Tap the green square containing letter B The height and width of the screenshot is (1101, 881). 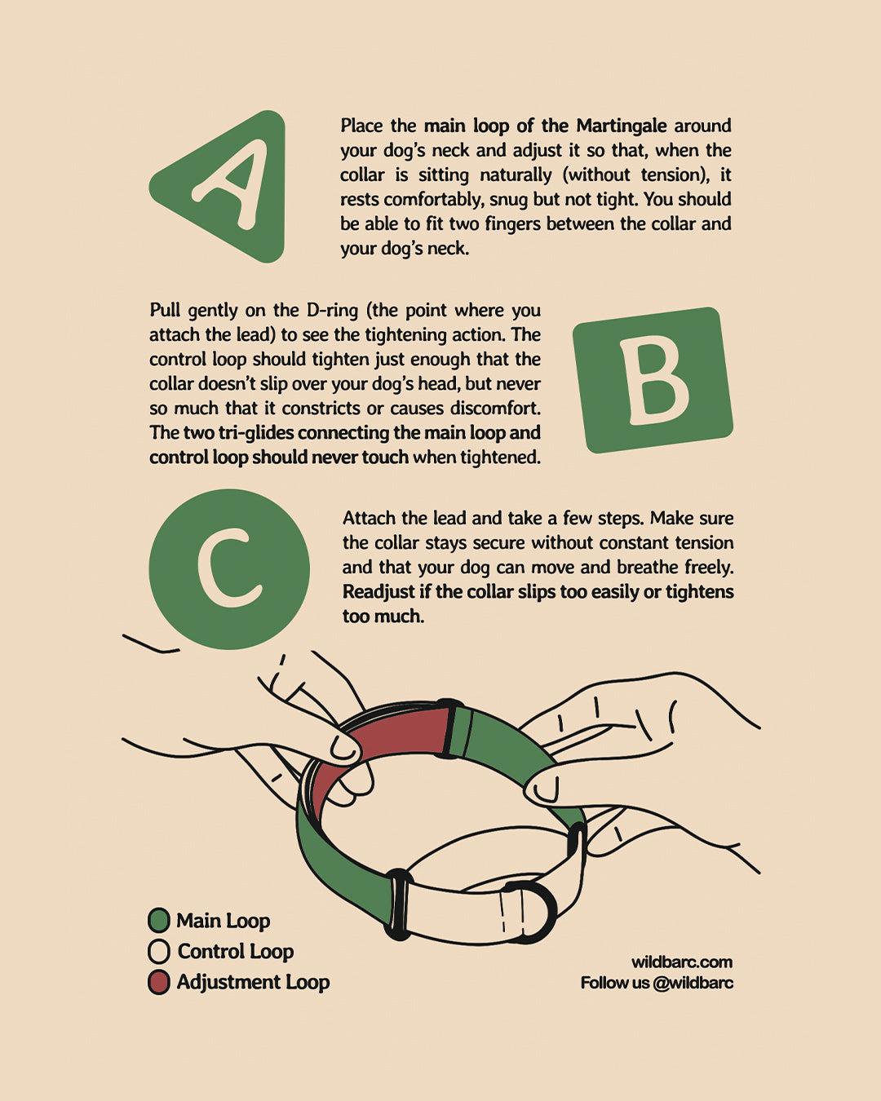point(653,380)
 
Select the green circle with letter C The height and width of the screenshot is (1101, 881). point(229,569)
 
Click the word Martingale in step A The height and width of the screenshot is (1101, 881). point(622,126)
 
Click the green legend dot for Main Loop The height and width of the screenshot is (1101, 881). point(159,921)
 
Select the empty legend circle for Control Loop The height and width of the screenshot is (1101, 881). point(159,952)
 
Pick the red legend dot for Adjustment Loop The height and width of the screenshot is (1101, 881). point(159,982)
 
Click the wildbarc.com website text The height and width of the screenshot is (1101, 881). point(682,962)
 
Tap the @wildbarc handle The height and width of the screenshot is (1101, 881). point(693,983)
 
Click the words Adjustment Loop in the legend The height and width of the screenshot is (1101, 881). point(253,982)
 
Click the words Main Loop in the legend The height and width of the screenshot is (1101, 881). point(224,921)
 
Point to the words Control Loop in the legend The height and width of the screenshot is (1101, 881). point(236,952)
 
